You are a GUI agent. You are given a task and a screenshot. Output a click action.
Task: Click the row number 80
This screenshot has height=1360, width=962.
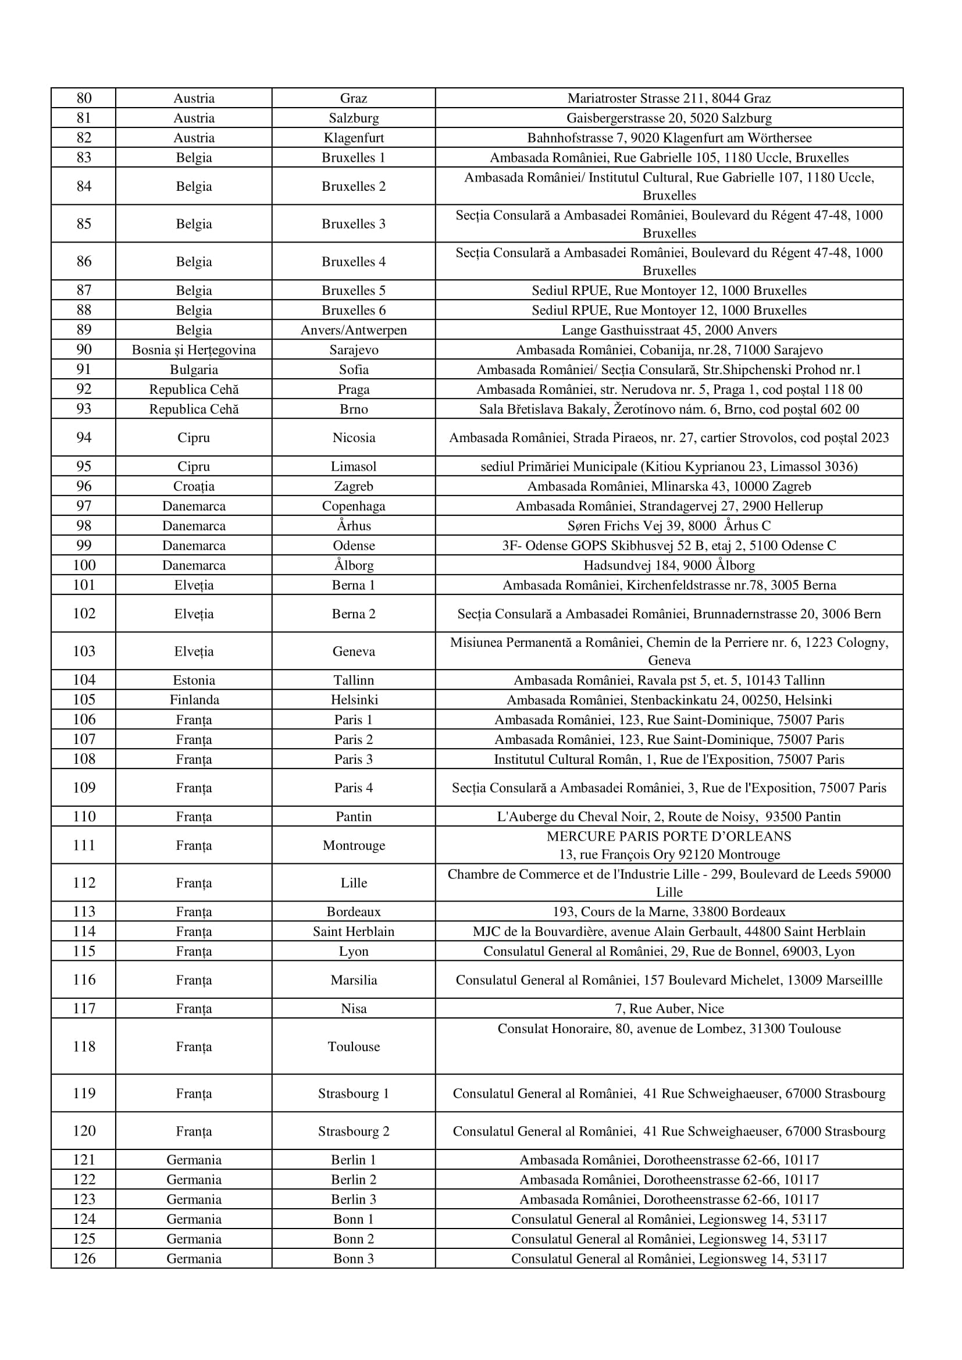coord(84,98)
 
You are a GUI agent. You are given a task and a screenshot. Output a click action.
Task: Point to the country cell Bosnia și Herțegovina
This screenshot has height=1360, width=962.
coord(194,350)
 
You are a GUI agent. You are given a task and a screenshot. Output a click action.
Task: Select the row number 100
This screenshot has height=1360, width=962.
coord(84,565)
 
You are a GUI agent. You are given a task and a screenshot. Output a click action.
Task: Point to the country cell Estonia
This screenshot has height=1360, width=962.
coord(194,680)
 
